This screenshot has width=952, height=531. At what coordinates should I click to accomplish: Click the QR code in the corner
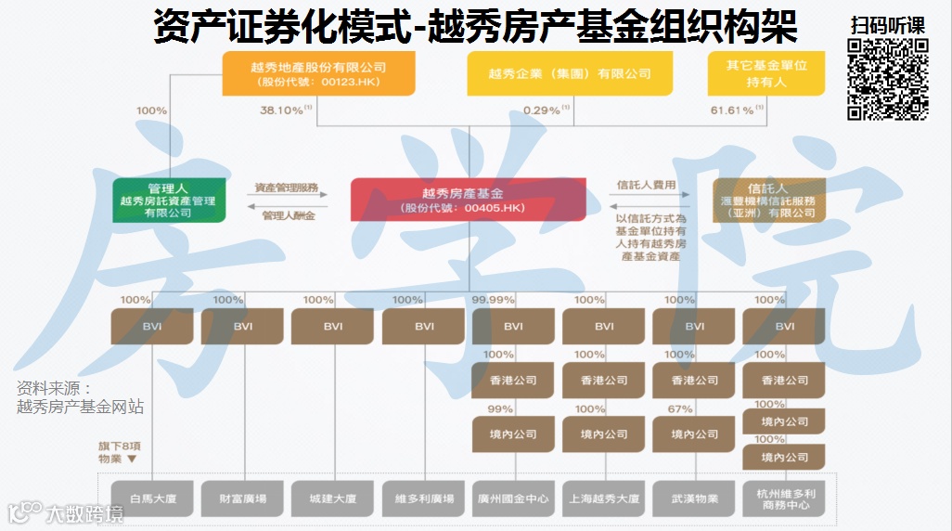click(888, 80)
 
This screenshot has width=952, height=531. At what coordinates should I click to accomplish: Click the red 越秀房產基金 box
click(469, 200)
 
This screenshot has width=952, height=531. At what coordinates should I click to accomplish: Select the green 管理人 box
click(168, 200)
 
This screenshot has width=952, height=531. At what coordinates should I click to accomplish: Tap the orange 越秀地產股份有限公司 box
click(317, 73)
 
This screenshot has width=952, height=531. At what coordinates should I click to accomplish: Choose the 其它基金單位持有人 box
click(765, 73)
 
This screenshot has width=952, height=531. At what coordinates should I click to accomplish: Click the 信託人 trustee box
click(767, 200)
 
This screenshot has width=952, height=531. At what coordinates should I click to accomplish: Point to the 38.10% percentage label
click(282, 110)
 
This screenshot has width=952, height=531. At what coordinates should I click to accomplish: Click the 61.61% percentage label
click(732, 110)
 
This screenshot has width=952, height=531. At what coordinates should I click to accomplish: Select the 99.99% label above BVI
click(494, 300)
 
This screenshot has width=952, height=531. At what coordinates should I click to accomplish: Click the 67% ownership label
click(679, 408)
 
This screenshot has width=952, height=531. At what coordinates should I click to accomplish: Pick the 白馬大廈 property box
click(152, 499)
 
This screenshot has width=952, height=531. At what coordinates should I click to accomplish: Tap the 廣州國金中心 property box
click(513, 499)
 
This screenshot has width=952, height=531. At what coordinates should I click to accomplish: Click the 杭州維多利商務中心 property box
click(784, 499)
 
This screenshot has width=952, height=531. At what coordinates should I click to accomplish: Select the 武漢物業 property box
click(694, 499)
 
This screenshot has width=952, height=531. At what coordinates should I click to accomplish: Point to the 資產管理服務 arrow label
click(287, 188)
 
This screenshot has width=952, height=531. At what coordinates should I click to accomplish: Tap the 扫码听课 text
click(888, 25)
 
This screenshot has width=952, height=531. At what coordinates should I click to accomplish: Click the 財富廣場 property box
click(242, 499)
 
